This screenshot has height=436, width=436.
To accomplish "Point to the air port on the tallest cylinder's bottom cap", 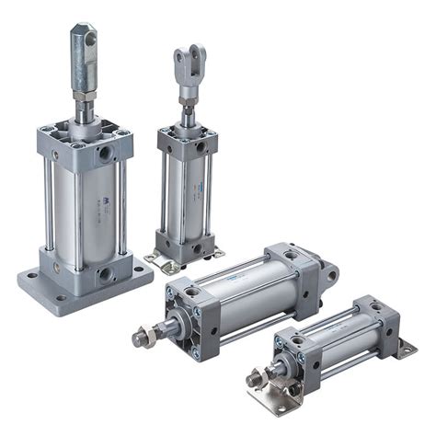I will pyautogui.click(x=106, y=273).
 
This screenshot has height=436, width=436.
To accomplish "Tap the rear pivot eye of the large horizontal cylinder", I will pyautogui.click(x=327, y=272).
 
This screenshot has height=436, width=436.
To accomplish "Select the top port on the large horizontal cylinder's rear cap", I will pyautogui.click(x=290, y=255).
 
